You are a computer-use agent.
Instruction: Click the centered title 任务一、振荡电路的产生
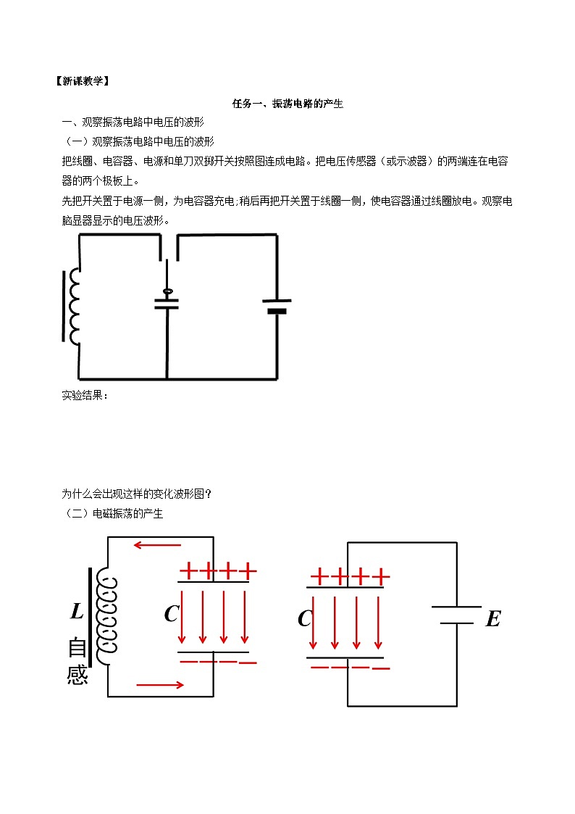pyautogui.click(x=287, y=104)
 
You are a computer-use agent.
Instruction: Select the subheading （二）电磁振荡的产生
pyautogui.click(x=112, y=514)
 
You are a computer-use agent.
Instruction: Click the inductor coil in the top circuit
pyautogui.click(x=73, y=306)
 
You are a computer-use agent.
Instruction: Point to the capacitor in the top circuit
pyautogui.click(x=167, y=303)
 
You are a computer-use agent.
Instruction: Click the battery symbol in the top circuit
pyautogui.click(x=277, y=306)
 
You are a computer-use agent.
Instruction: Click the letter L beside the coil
pyautogui.click(x=77, y=612)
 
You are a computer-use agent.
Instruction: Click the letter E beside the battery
pyautogui.click(x=492, y=619)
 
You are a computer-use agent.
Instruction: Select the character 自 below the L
pyautogui.click(x=77, y=647)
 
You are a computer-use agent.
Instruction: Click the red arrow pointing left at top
pyautogui.click(x=156, y=545)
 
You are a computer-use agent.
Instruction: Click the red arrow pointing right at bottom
pyautogui.click(x=159, y=684)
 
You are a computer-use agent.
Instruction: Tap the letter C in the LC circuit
pyautogui.click(x=171, y=614)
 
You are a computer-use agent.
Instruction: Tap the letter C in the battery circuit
pyautogui.click(x=305, y=619)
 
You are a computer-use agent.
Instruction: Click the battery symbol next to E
pyautogui.click(x=456, y=615)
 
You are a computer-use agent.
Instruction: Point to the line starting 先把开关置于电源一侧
pyautogui.click(x=287, y=201)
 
